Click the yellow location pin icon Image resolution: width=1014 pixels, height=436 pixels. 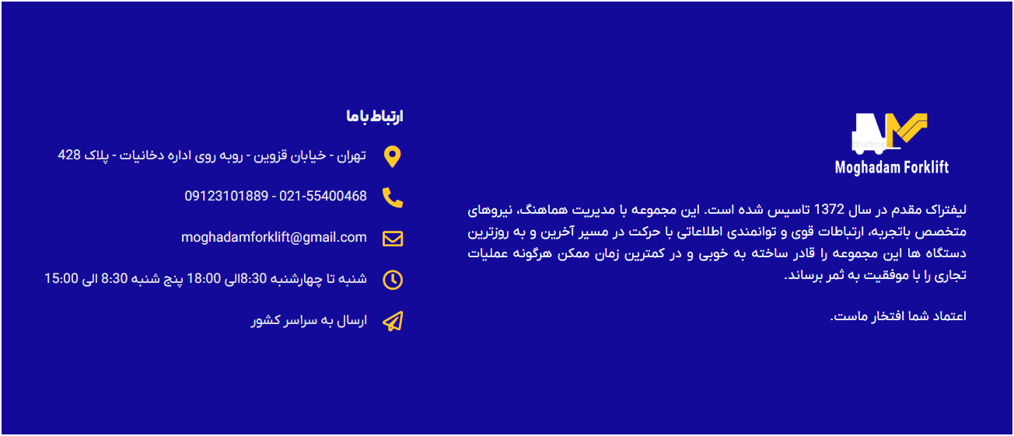(393, 157)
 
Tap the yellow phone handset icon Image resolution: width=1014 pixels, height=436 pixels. (393, 197)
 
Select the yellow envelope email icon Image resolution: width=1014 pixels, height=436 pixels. (393, 239)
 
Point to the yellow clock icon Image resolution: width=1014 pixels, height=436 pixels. (393, 280)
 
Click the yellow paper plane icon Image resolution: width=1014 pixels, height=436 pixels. (393, 321)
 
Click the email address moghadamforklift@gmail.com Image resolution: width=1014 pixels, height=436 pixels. (274, 237)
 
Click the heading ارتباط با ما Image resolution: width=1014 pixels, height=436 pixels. (375, 117)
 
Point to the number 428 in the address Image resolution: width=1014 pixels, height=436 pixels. (69, 155)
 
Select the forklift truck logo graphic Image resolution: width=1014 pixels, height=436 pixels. (890, 134)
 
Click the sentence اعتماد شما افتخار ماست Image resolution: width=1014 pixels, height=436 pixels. (897, 316)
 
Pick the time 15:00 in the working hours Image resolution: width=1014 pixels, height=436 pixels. (62, 278)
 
